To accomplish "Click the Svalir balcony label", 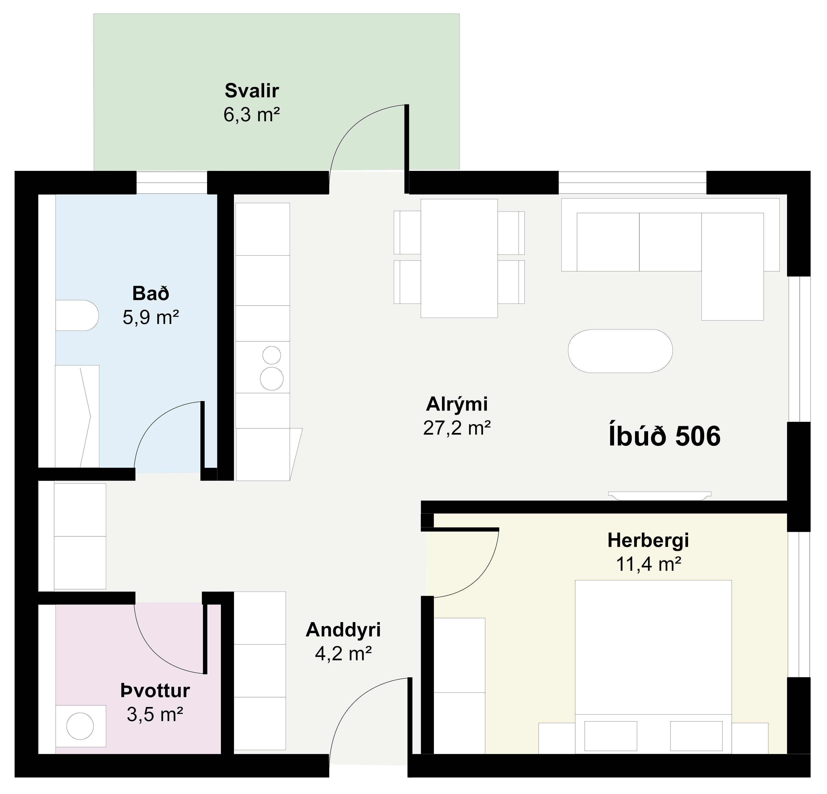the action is point(252,91).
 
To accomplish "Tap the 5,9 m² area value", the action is point(151,317).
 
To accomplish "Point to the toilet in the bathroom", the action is point(77,315).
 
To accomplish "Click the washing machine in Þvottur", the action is point(80,726).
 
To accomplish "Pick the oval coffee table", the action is point(620,351).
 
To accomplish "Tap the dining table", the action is point(459,258).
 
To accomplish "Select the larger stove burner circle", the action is point(272,378).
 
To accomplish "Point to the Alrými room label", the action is point(457,404).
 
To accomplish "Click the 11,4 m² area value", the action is point(649,564).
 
